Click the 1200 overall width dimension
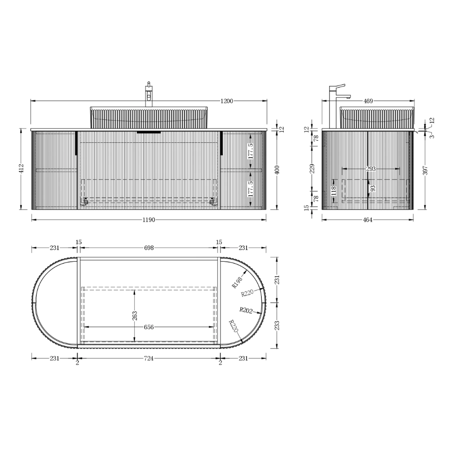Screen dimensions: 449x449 coord(227,101)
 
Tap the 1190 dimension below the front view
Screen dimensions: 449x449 coord(149,220)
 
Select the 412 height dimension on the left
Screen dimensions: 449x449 coord(22,168)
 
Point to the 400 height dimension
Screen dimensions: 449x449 coord(277,170)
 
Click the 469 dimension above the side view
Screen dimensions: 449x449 coord(368,101)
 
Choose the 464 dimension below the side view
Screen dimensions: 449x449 coord(368,220)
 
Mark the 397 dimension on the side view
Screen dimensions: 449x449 coord(425,170)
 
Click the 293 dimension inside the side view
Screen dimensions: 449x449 coord(371,169)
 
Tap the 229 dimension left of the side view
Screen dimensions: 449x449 coord(313,168)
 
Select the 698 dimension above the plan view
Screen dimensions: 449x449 coord(149,248)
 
